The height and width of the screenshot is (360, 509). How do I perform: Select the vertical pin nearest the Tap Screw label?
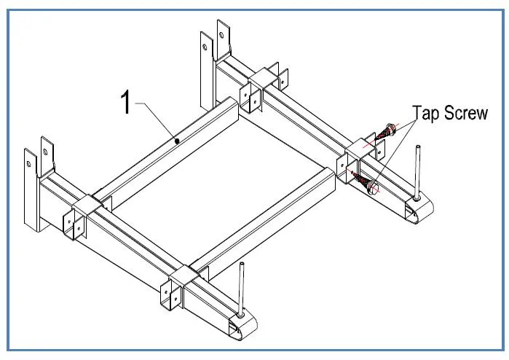(x=417, y=172)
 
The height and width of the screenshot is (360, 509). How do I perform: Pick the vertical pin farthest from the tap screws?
(x=241, y=291)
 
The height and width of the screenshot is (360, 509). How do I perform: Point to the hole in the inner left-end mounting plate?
(x=46, y=152)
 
